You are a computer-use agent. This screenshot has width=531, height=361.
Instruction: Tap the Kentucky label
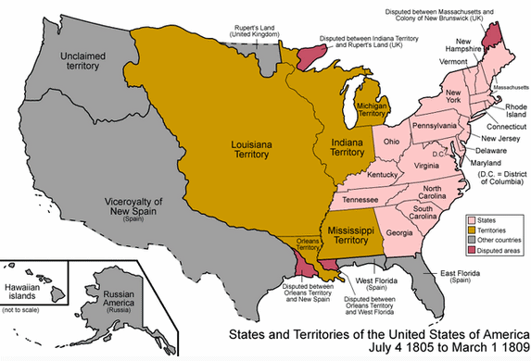click(383, 175)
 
